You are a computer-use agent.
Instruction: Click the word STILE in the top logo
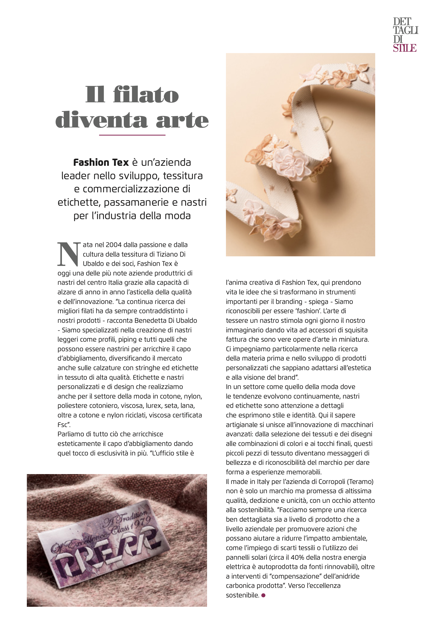point(405,48)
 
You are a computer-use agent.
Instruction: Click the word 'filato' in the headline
point(146,95)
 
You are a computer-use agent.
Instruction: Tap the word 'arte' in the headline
point(182,120)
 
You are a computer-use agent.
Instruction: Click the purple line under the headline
point(132,135)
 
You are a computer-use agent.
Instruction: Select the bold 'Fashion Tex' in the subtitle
point(101,162)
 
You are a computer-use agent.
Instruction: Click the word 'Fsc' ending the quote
point(62,425)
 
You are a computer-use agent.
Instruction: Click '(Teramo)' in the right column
point(361,481)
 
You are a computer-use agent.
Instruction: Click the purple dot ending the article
point(263,595)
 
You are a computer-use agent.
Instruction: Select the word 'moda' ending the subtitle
point(179,216)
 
